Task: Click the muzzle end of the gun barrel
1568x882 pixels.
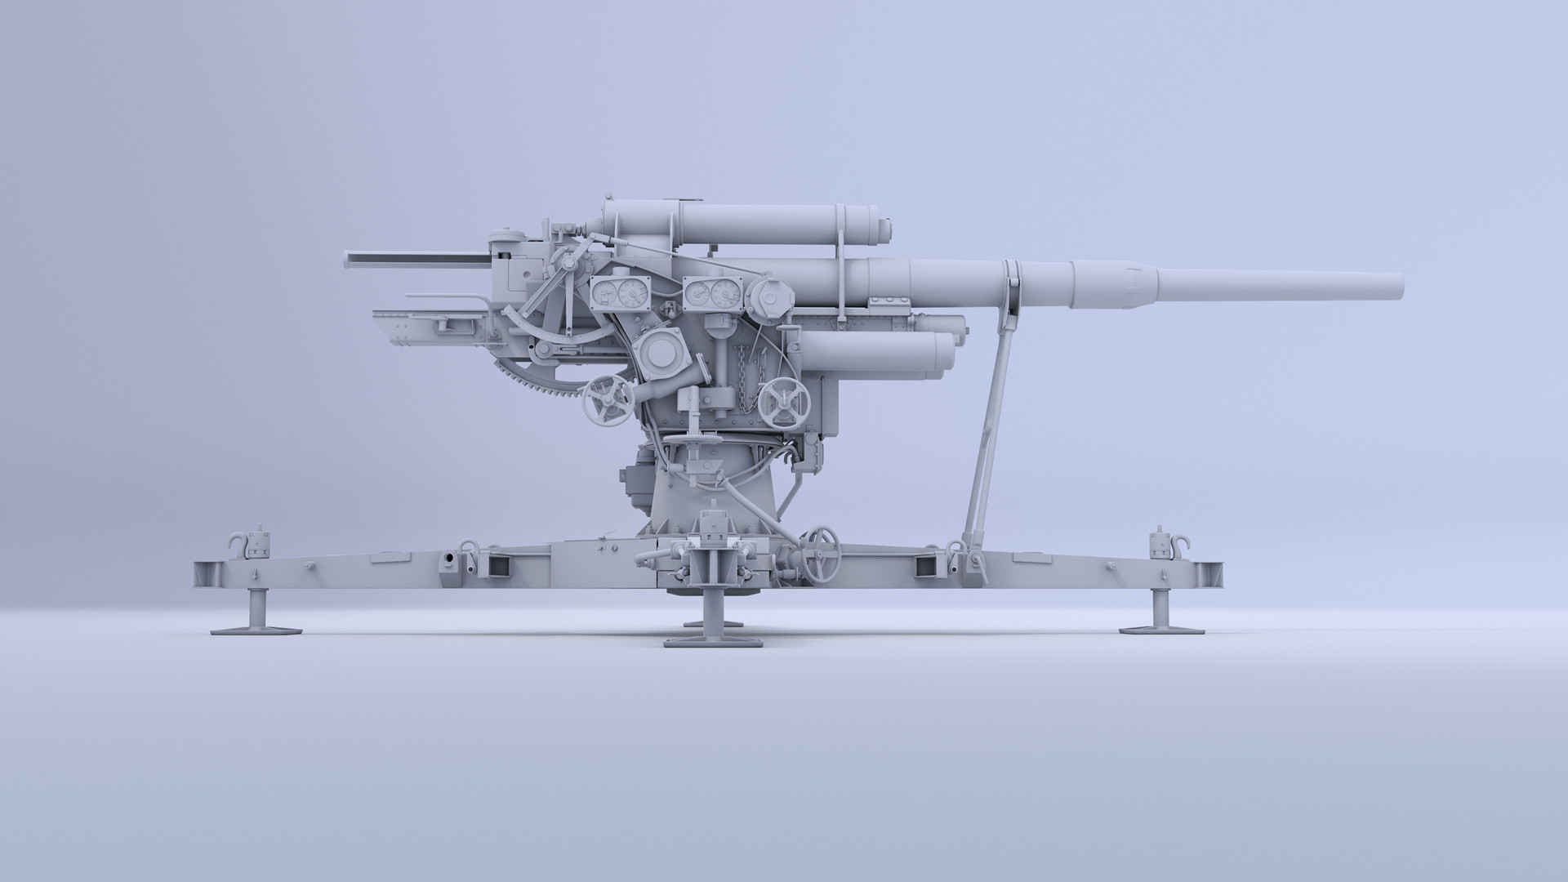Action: (1398, 286)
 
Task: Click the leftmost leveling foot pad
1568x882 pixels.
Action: (256, 628)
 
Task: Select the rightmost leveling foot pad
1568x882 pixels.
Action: (1161, 628)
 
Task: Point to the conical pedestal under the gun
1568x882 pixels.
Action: (710, 490)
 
